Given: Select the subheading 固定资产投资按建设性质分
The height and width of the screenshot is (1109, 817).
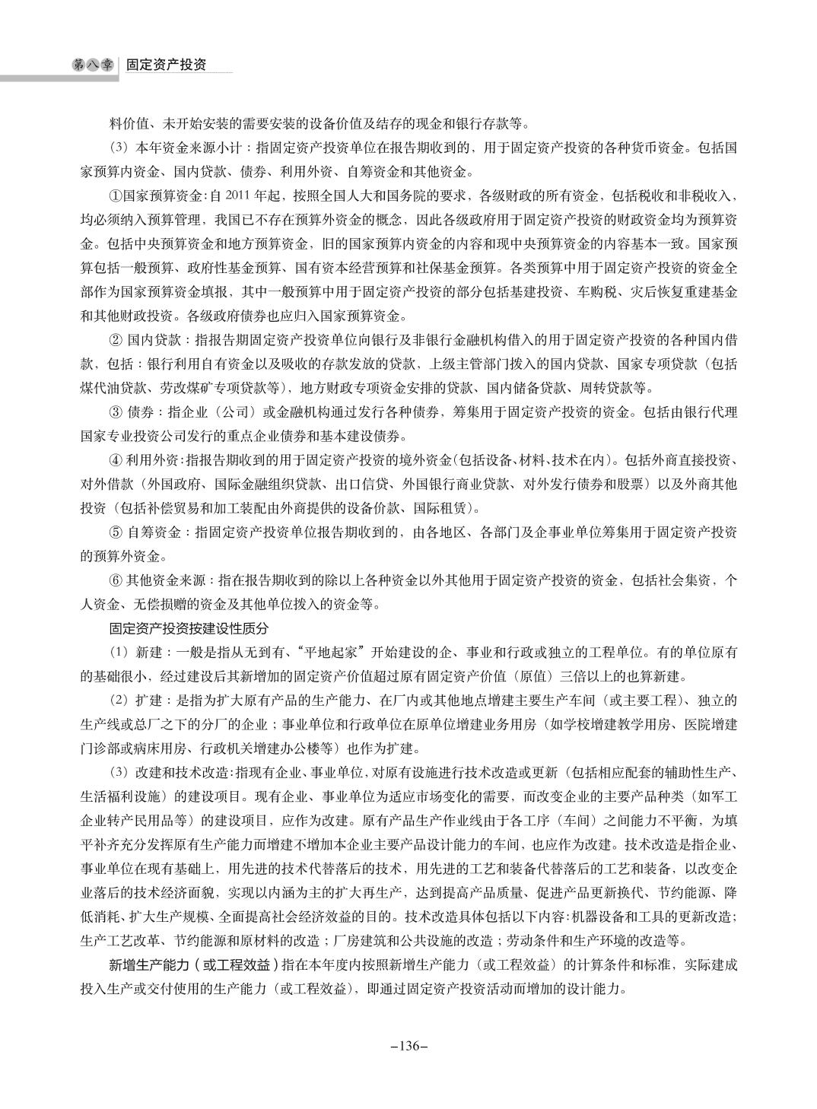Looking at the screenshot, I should coord(184,628).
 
